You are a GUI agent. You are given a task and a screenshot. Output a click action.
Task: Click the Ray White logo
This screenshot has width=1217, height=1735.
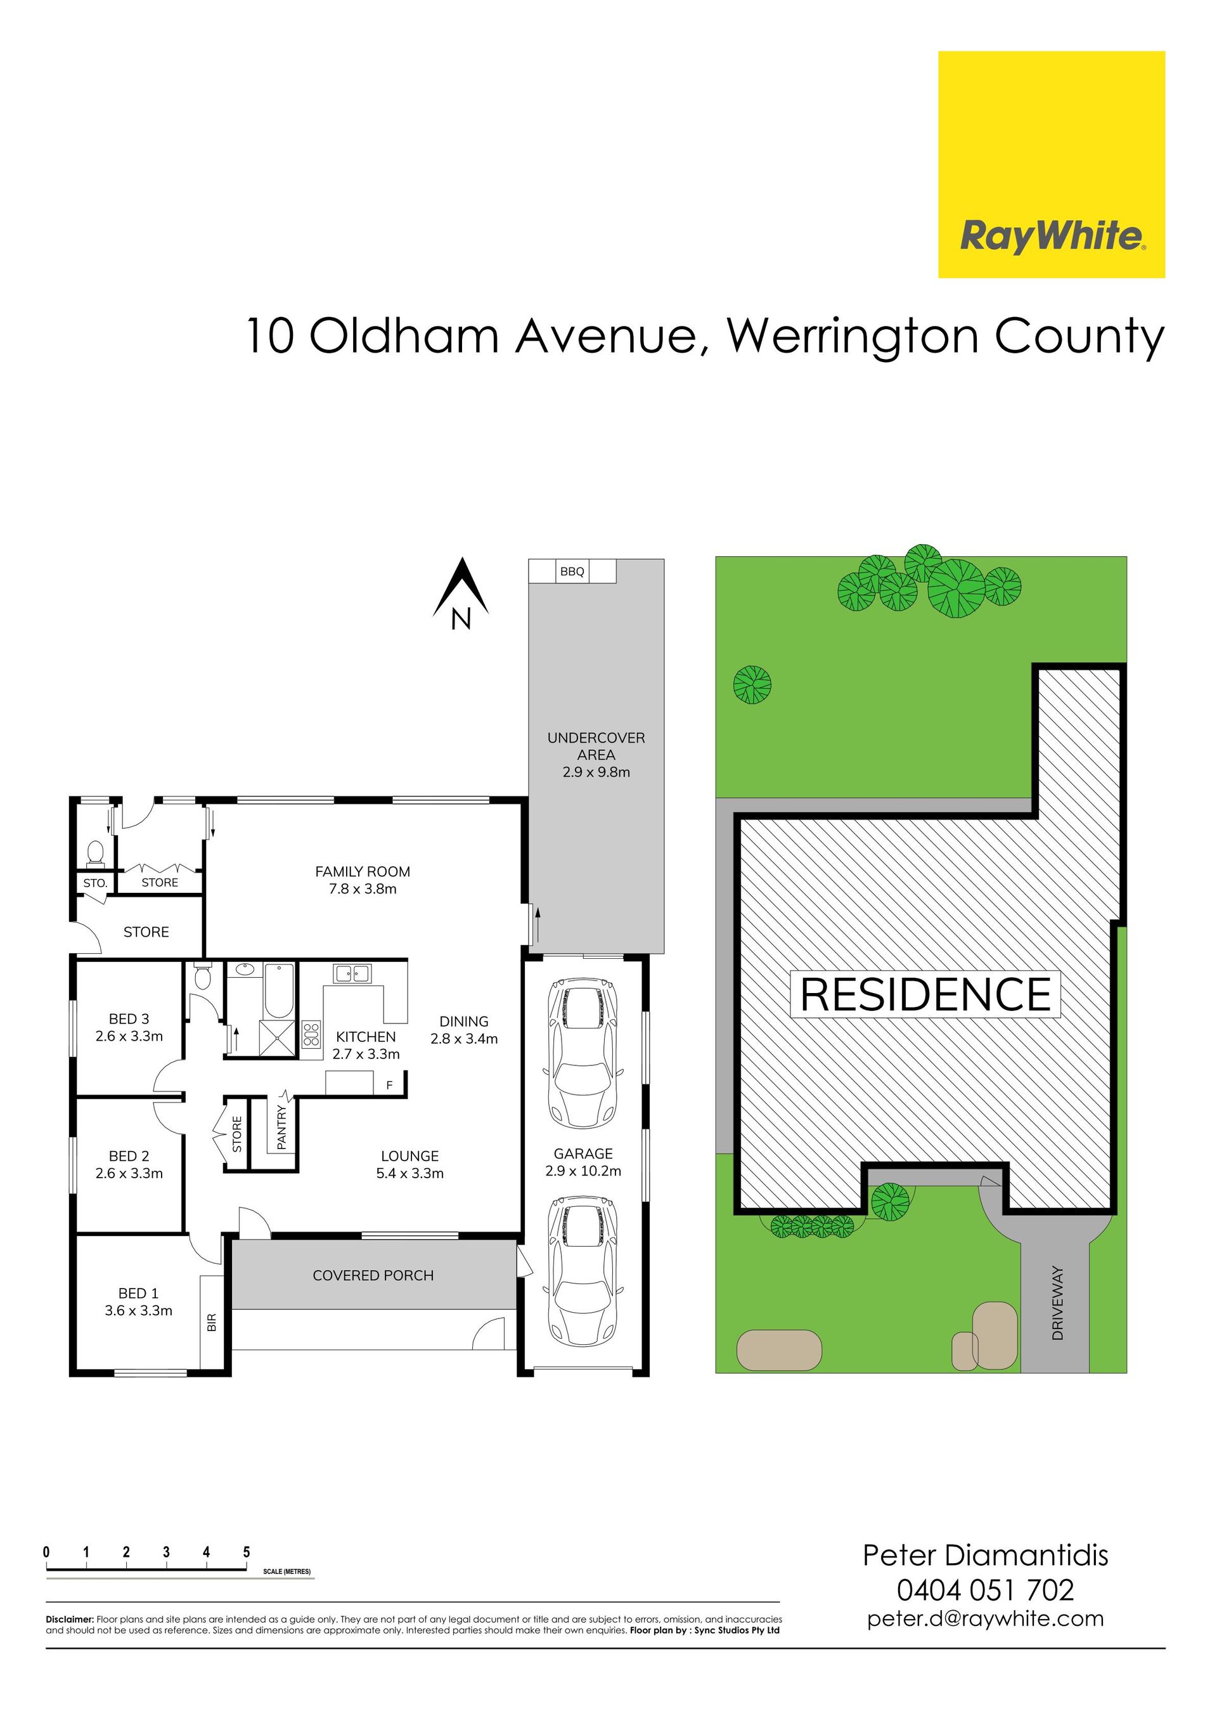click(x=1051, y=164)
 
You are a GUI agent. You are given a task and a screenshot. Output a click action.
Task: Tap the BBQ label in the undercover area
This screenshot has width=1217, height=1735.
click(x=572, y=571)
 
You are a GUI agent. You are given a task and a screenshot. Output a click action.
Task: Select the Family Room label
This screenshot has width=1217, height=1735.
click(x=363, y=880)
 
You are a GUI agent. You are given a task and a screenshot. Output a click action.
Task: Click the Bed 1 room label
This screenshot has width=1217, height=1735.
click(x=138, y=1302)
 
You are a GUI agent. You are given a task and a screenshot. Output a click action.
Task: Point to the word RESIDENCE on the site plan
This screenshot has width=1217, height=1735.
click(x=925, y=994)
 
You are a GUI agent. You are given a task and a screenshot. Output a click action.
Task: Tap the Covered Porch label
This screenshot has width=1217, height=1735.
click(x=373, y=1275)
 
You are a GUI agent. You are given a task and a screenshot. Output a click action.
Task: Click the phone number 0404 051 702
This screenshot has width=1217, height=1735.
click(x=985, y=1590)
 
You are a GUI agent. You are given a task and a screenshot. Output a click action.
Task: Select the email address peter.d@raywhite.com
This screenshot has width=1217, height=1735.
click(x=985, y=1618)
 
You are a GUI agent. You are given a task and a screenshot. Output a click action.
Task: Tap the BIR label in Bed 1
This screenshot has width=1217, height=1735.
click(x=212, y=1322)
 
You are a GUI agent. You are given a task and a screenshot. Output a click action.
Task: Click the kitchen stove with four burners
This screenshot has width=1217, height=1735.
click(x=311, y=1034)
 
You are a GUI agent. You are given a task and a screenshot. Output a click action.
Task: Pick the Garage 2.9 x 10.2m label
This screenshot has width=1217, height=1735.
click(x=583, y=1162)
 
